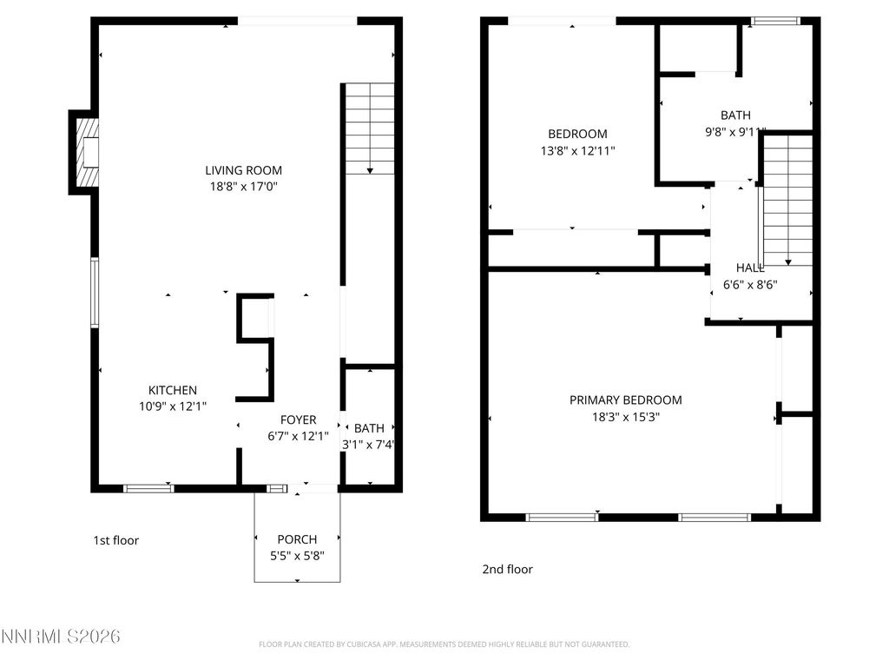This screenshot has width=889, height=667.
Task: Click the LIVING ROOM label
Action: [x=243, y=170]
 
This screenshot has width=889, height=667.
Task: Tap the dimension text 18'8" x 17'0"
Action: [x=243, y=186]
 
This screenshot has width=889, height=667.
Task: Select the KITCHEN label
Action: [x=172, y=391]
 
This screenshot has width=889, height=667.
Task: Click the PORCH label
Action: [x=297, y=539]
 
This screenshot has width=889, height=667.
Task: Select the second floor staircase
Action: [x=787, y=200]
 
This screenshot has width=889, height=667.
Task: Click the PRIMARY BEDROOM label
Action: [x=625, y=400]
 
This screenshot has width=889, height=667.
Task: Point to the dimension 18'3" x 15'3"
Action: [x=625, y=416]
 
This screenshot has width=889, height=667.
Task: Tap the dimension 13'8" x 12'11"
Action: [x=577, y=150]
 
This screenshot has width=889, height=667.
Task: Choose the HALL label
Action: [x=750, y=267]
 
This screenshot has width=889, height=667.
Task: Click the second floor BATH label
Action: [x=735, y=115]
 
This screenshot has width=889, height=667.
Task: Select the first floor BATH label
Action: [x=369, y=428]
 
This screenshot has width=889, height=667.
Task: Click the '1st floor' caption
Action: [x=115, y=540]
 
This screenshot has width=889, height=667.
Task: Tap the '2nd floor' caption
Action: [x=507, y=570]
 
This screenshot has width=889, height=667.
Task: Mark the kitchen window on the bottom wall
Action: [x=148, y=489]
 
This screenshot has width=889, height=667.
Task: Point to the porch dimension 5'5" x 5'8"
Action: [x=297, y=555]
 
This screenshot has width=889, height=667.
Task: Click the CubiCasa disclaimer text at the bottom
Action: [x=444, y=644]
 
